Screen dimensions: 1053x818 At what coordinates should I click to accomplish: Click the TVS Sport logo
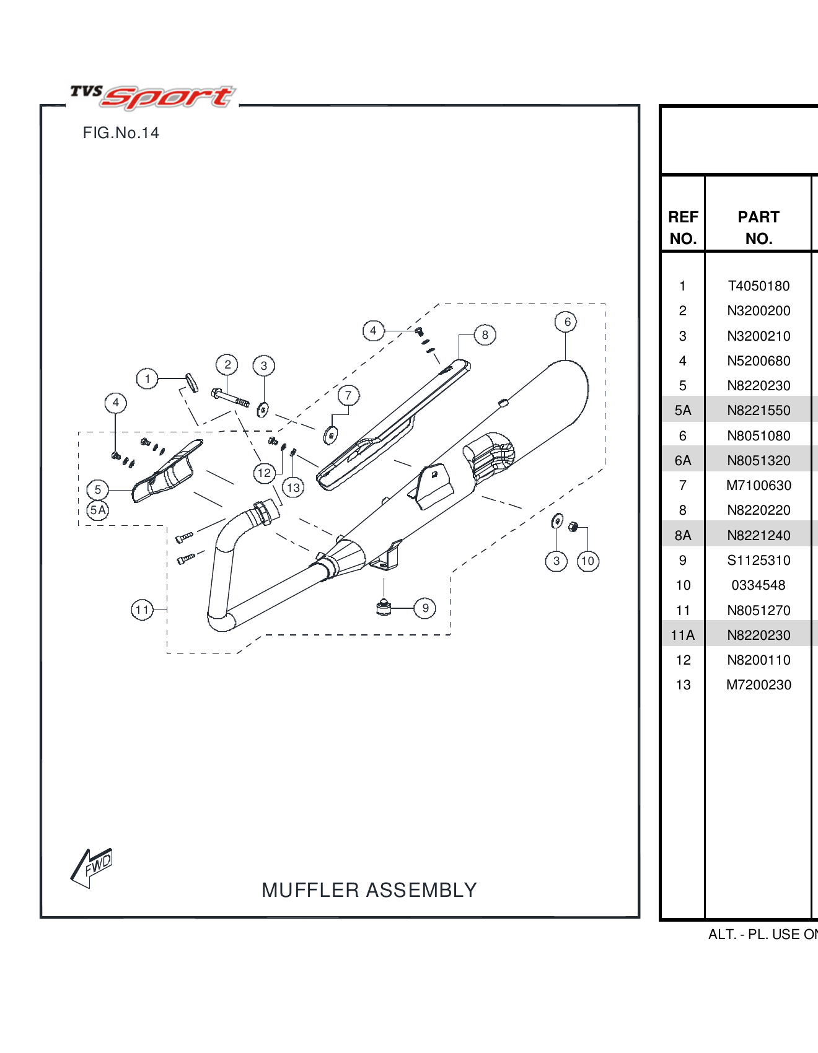click(x=152, y=97)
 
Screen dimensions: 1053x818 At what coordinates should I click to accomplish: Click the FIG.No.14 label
click(x=121, y=133)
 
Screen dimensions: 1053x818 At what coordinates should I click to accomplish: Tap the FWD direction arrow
click(x=92, y=867)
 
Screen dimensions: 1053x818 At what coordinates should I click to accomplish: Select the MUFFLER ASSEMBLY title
click(x=369, y=890)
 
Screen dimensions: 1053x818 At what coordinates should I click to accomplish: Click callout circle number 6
click(x=566, y=321)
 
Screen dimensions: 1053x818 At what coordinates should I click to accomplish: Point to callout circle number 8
click(x=485, y=335)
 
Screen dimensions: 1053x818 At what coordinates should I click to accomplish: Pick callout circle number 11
click(x=142, y=610)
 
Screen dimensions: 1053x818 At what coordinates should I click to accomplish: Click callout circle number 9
click(x=425, y=608)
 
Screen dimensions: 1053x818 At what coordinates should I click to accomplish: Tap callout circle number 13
click(x=293, y=487)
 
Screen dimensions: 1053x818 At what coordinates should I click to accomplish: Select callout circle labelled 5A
click(x=98, y=510)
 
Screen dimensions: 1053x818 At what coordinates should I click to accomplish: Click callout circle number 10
click(x=587, y=561)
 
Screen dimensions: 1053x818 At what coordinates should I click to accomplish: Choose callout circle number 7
click(x=348, y=395)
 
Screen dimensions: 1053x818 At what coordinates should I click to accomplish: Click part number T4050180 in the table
click(x=759, y=286)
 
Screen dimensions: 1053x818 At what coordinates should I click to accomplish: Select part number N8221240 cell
click(x=759, y=535)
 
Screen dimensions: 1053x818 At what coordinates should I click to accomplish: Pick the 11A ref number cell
click(x=682, y=635)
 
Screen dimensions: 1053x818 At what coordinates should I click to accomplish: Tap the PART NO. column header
click(x=759, y=227)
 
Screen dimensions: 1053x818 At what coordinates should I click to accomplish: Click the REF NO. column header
click(x=683, y=227)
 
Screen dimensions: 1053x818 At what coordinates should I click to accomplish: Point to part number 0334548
click(x=759, y=585)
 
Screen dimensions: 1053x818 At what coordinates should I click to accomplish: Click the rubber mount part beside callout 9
click(x=384, y=608)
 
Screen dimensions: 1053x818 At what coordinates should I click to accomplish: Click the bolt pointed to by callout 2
click(x=231, y=398)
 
